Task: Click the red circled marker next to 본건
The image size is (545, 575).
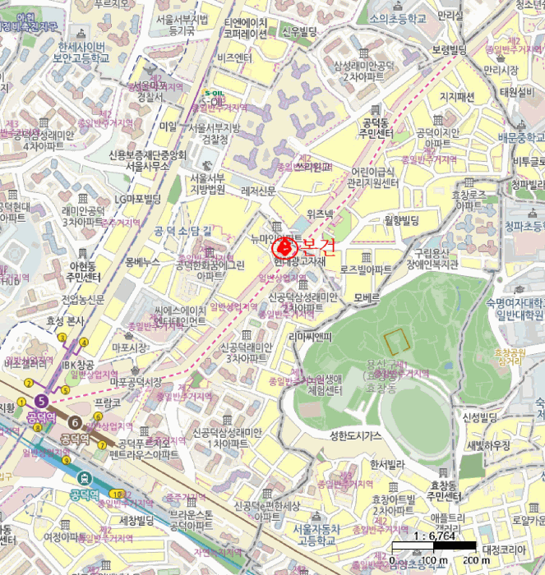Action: pos(283,245)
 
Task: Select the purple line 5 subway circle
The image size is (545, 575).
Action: pos(41,401)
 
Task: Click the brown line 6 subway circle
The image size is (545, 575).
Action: pos(76,422)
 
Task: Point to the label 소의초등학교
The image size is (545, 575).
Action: pos(398,17)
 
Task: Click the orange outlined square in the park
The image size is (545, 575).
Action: pos(396,341)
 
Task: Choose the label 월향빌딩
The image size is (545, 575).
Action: pos(401,220)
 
